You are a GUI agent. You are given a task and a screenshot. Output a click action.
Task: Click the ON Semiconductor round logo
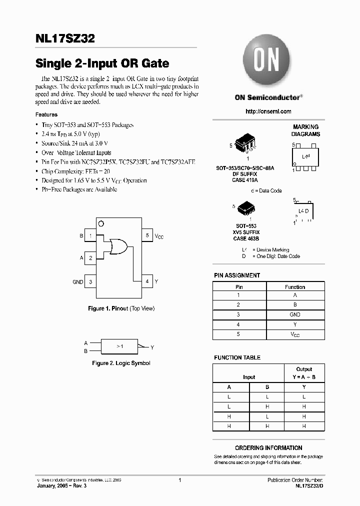pyautogui.click(x=268, y=61)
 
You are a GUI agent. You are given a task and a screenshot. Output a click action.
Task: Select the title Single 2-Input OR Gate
pyautogui.click(x=102, y=63)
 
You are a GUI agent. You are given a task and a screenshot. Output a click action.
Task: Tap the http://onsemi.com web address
pyautogui.click(x=268, y=111)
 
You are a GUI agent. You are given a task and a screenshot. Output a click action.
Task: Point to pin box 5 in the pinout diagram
pyautogui.click(x=147, y=235)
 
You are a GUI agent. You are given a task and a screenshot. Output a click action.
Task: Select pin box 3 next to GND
pyautogui.click(x=90, y=281)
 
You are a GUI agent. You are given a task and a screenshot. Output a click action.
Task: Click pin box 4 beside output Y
pyautogui.click(x=147, y=281)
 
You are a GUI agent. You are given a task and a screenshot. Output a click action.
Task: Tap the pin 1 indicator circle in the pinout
pyautogui.click(x=101, y=223)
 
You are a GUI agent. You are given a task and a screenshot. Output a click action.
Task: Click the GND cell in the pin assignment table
pyautogui.click(x=295, y=314)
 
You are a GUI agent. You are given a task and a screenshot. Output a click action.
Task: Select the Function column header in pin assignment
pyautogui.click(x=295, y=287)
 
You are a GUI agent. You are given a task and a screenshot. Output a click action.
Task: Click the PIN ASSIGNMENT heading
pyautogui.click(x=237, y=275)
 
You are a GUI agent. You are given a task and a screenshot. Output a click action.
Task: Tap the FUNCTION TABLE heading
pyautogui.click(x=237, y=358)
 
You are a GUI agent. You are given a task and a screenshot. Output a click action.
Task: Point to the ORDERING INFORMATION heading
pyautogui.click(x=268, y=448)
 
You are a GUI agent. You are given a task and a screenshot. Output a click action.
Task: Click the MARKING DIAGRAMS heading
pyautogui.click(x=305, y=131)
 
